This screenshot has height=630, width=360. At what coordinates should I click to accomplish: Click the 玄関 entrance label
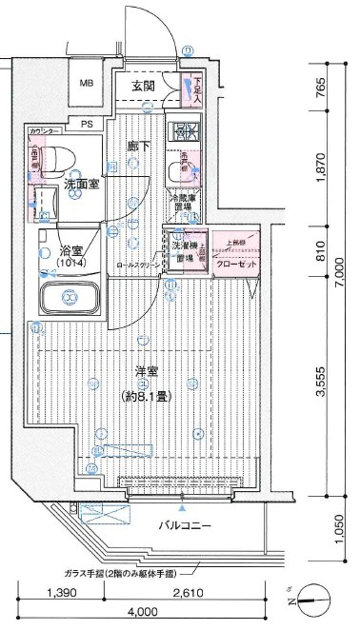pyautogui.click(x=143, y=87)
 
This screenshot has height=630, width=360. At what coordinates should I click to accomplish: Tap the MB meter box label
pyautogui.click(x=87, y=85)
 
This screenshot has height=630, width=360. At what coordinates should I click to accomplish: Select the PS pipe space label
pyautogui.click(x=87, y=124)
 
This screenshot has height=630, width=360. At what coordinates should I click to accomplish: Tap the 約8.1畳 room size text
pyautogui.click(x=146, y=395)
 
